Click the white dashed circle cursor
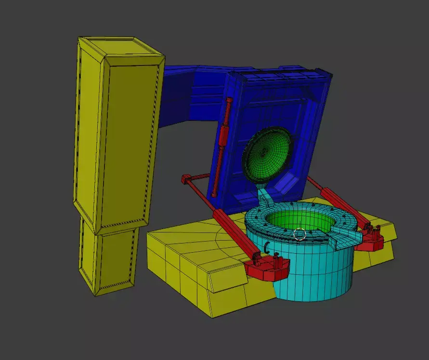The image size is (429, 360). coord(299,234)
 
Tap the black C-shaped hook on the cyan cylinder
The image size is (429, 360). coord(266,247)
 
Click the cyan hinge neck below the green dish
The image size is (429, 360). coord(264,195)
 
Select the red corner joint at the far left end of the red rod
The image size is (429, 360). coord(186,180)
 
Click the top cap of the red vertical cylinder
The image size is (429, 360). coord(229,101)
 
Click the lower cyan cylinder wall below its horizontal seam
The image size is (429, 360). coord(313,284)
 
